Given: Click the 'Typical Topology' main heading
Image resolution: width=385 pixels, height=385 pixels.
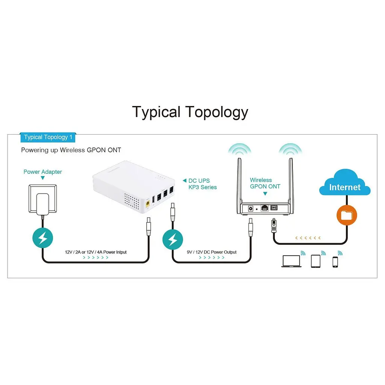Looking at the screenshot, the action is tap(190, 112).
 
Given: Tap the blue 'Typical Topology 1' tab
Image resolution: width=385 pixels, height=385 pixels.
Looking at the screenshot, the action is tap(48, 137).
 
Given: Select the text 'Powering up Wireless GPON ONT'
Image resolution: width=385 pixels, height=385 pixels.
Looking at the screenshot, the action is tap(71, 150).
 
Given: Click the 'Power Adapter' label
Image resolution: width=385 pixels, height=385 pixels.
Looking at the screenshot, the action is tap(43, 171).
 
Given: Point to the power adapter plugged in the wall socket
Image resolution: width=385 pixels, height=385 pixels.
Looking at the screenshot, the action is tap(42, 204).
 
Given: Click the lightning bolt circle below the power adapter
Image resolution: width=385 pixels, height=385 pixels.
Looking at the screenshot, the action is tap(43, 238).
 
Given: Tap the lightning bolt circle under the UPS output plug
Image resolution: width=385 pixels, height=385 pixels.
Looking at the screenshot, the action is tap(173, 239).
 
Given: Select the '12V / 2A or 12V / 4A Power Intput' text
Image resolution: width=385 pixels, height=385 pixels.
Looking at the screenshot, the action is tap(96, 252).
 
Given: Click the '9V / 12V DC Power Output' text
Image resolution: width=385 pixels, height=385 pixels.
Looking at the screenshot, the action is tap(212, 252).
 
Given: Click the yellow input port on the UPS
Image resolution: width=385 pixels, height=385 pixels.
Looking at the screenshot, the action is tap(148, 204).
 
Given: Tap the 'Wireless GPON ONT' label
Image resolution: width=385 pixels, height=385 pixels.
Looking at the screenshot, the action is tap(265, 183).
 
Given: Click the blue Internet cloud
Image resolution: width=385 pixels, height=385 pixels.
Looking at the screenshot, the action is tap(345, 183).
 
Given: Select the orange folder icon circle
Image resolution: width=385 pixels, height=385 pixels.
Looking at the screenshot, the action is tap(347, 215).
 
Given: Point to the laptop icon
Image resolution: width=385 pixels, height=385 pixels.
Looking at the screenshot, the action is tap(291, 261).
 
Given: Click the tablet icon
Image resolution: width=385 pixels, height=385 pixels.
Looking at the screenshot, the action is tap(315, 261).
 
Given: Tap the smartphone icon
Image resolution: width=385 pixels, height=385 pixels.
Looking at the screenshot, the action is tap(335, 262).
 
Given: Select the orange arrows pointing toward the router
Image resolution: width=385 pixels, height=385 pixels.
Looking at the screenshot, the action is tap(308, 238).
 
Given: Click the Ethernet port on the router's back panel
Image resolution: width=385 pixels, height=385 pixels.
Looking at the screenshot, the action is tap(264, 208).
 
